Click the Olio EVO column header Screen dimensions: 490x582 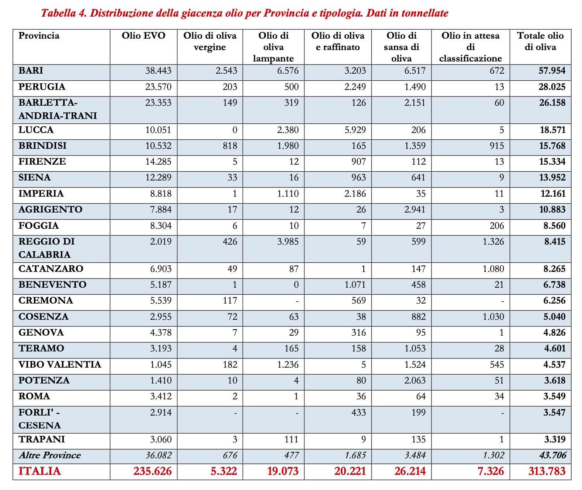point(143,36)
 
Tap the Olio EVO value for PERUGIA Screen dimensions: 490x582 point(157,87)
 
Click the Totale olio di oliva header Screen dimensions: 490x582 point(540,41)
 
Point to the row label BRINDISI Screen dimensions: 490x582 point(42,146)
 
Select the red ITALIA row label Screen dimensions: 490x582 point(39,471)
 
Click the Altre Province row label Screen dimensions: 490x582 point(49,455)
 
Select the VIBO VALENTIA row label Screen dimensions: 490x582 point(60,365)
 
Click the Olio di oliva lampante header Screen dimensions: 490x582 point(273,47)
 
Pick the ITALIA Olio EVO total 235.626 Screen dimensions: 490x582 point(151,471)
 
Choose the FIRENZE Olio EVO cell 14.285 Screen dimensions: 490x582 point(157,162)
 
